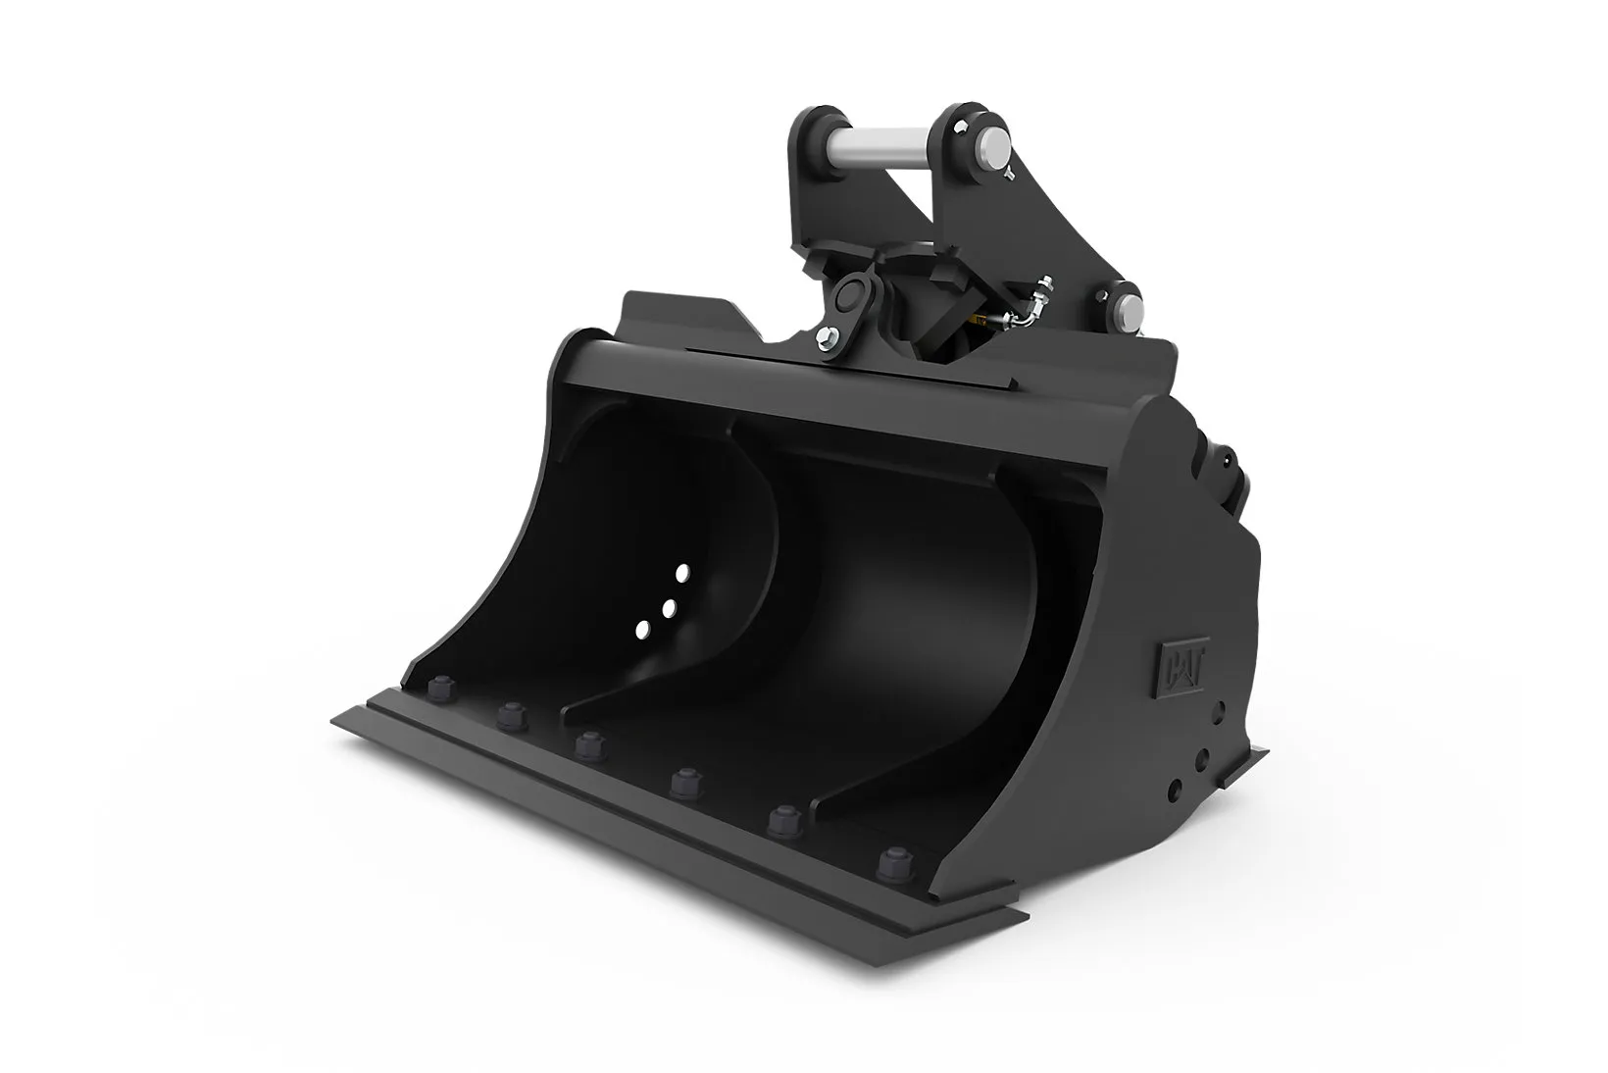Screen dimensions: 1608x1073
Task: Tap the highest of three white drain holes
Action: click(x=682, y=574)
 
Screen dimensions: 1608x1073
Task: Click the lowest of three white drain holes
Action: click(x=643, y=630)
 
